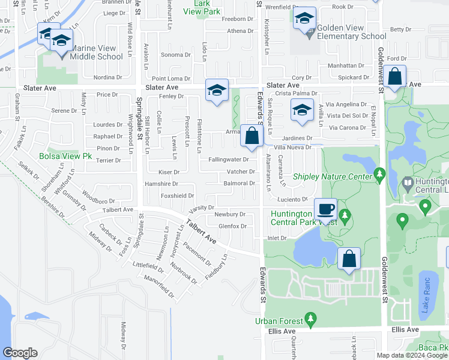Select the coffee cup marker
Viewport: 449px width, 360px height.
click(x=325, y=210)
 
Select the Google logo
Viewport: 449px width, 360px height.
click(x=20, y=353)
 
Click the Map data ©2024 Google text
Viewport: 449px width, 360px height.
click(x=412, y=355)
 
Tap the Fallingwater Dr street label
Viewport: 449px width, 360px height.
click(x=228, y=159)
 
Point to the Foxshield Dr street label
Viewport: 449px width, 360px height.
click(x=177, y=196)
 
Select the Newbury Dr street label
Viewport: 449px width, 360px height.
click(x=230, y=214)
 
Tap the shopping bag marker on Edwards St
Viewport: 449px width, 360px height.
click(x=252, y=137)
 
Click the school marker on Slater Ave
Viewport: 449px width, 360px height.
click(x=217, y=91)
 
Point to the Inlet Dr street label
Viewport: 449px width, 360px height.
click(x=277, y=238)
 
